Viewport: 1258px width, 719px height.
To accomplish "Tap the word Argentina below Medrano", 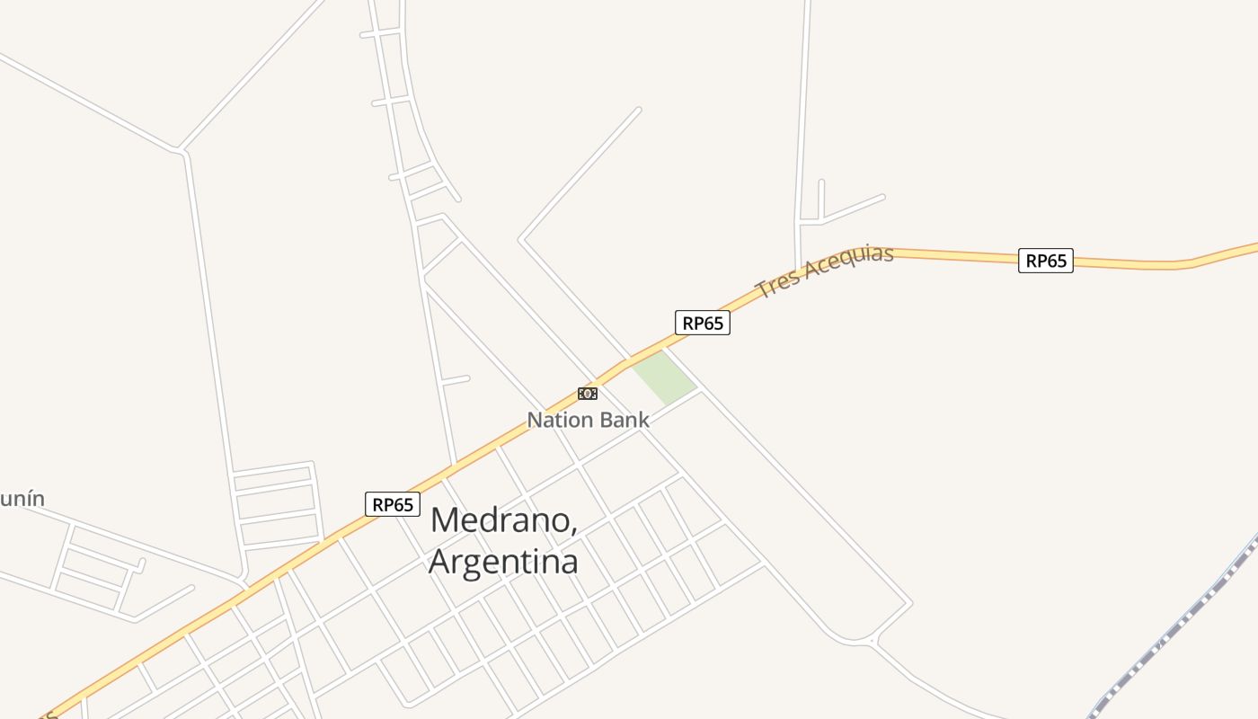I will point(503,562).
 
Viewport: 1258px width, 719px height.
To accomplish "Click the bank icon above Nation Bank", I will point(587,394).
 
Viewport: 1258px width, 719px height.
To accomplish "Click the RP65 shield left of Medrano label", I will point(393,504).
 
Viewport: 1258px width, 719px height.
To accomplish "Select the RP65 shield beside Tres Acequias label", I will point(702,323).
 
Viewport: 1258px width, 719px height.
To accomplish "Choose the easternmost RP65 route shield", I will point(1045,261).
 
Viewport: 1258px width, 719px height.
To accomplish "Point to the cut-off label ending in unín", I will point(22,499).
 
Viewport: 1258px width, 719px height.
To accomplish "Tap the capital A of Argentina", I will point(441,562).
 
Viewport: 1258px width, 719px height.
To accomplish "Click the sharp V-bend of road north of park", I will point(521,239).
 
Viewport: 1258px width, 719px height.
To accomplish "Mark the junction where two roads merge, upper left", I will point(181,149).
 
